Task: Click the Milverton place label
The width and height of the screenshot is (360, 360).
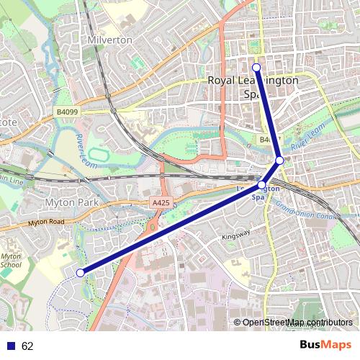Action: point(109,40)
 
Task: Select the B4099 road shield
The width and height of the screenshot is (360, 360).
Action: point(67,112)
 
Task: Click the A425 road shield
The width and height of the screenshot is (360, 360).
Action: point(161,204)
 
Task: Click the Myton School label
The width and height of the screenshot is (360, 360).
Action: point(10,261)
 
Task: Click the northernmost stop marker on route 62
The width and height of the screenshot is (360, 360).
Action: point(256,66)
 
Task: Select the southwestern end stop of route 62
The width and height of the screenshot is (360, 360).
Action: point(80,272)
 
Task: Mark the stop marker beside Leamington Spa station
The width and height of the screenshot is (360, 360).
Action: point(261,185)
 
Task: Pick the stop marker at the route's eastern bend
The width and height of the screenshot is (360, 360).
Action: point(279,161)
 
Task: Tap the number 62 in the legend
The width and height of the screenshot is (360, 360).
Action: point(27,346)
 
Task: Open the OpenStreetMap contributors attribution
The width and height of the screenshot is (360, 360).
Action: point(297,323)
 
